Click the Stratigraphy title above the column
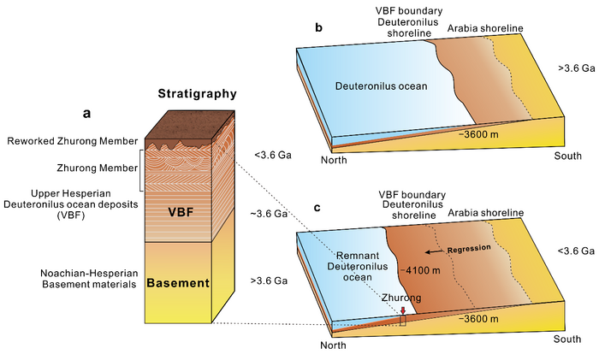(x=197, y=93)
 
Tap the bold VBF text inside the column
(x=181, y=212)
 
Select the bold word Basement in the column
(x=178, y=283)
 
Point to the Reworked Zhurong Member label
(x=73, y=141)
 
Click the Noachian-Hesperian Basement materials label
(x=89, y=279)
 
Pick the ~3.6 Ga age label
(x=269, y=214)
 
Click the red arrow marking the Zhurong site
(x=403, y=310)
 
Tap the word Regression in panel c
(x=469, y=249)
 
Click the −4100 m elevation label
(x=420, y=271)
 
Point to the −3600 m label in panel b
(x=478, y=134)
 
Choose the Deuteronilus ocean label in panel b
(x=382, y=86)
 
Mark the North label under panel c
(x=333, y=345)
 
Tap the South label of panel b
(x=567, y=156)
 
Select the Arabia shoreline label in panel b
(x=485, y=28)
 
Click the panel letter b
(x=318, y=27)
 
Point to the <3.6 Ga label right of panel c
(x=576, y=251)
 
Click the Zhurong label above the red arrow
(x=401, y=298)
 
